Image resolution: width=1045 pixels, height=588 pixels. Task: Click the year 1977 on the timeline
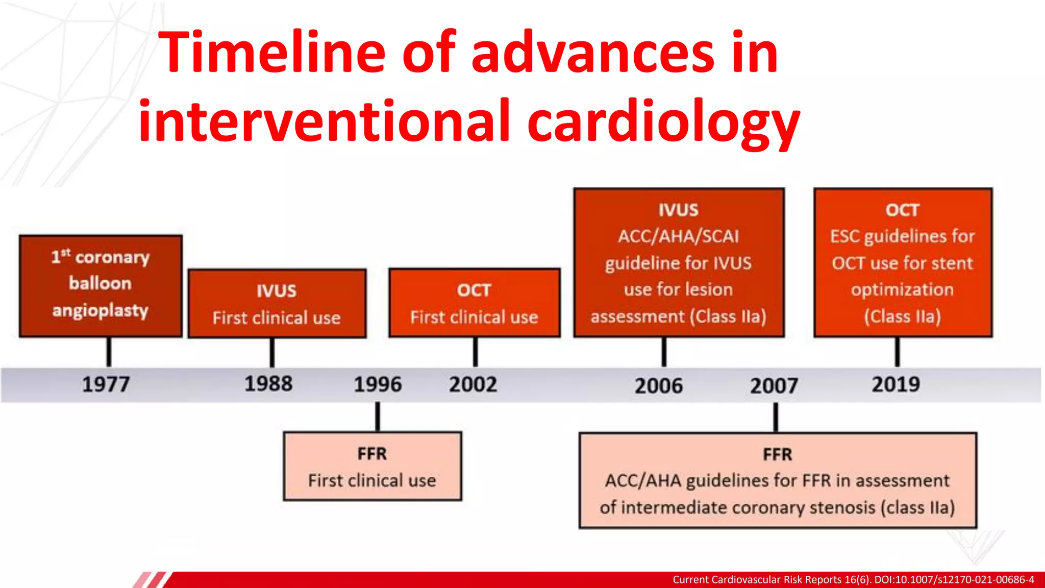click(x=106, y=384)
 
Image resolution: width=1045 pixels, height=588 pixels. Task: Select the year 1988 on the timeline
click(x=268, y=384)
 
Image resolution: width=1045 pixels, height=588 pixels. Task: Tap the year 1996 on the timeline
click(x=378, y=384)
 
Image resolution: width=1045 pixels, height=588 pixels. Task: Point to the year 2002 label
click(x=473, y=384)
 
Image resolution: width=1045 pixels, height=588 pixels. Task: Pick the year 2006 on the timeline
click(x=658, y=386)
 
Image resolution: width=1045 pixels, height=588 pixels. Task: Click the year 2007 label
click(x=774, y=386)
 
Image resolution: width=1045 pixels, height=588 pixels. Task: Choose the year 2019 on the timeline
click(x=895, y=384)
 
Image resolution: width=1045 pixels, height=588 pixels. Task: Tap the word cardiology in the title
click(x=663, y=121)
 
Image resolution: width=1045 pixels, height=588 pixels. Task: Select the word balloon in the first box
click(x=100, y=283)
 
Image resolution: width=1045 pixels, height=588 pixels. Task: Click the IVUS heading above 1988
click(x=276, y=291)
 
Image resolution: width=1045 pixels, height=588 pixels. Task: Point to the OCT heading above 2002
click(x=474, y=290)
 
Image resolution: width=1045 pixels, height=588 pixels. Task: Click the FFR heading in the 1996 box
click(x=372, y=454)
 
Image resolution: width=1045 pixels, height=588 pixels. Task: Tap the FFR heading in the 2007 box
click(x=777, y=454)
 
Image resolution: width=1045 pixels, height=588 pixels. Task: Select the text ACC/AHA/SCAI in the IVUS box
click(x=678, y=236)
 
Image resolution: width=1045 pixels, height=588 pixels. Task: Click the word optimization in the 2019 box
click(x=902, y=289)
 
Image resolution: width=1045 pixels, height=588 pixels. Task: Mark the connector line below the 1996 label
click(x=378, y=416)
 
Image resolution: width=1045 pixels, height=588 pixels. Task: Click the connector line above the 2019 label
click(x=897, y=352)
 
